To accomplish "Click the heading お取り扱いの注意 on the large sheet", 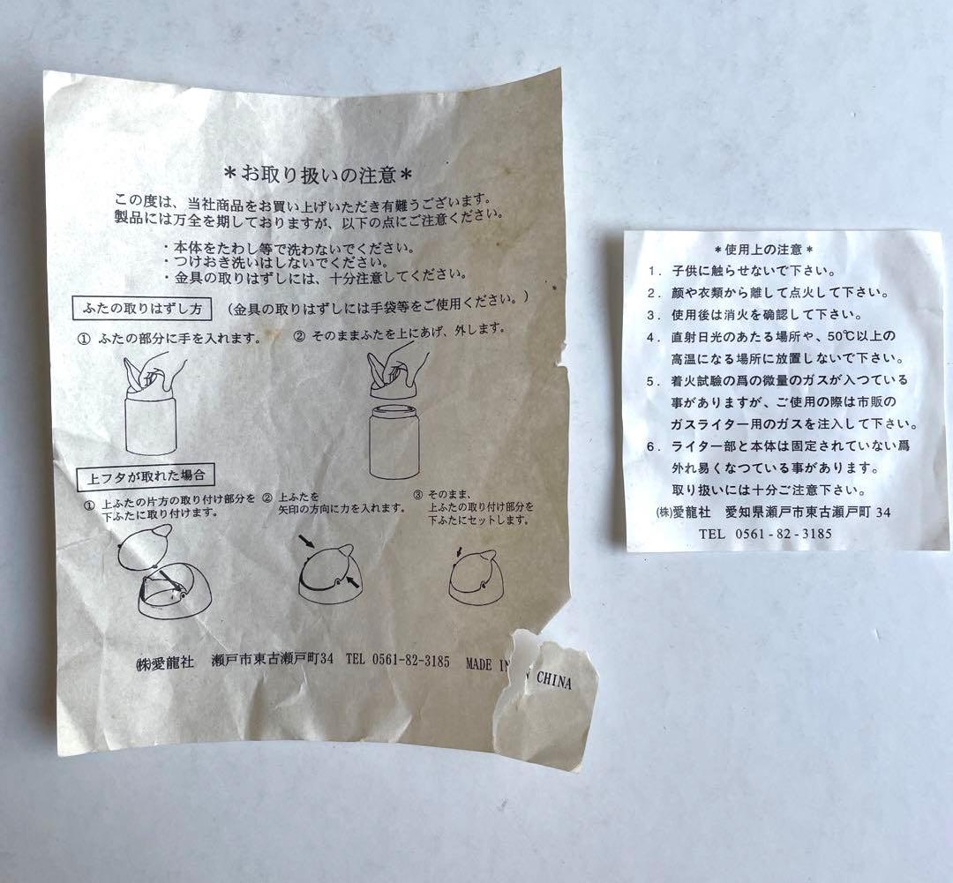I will click(x=319, y=168).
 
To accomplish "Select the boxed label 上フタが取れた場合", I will click(x=146, y=475).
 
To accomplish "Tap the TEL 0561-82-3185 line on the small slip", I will click(x=765, y=534).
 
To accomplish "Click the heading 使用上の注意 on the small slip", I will click(x=764, y=250).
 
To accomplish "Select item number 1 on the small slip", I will click(x=654, y=272).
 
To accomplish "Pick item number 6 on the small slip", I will click(x=654, y=446).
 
